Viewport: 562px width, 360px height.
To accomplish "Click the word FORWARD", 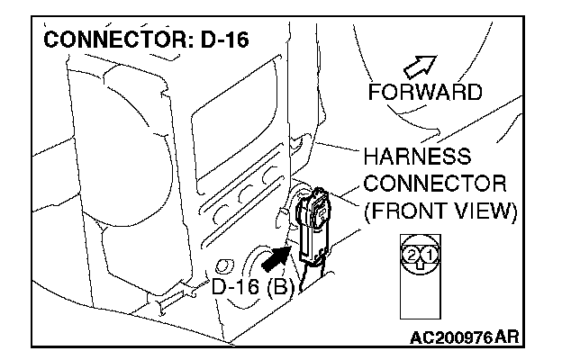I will (425, 92).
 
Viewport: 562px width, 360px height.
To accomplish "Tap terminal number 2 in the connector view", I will (412, 256).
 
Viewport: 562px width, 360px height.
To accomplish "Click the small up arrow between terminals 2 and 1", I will (421, 263).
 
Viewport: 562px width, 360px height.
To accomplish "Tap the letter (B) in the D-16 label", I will (274, 290).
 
